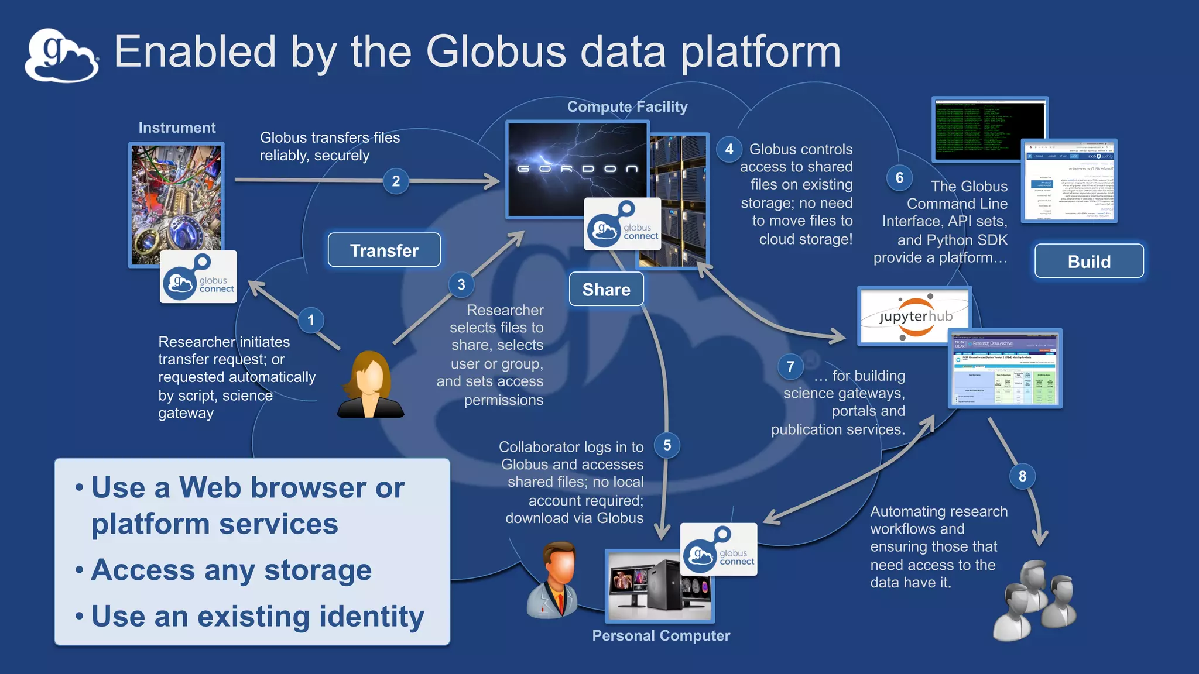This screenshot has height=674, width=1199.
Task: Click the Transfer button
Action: coord(384,250)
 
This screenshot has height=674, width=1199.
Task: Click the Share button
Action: coord(606,289)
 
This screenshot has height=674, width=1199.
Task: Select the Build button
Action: coord(1089,261)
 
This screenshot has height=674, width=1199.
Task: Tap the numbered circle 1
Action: coord(311,320)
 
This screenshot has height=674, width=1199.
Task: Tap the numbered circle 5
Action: coord(667,445)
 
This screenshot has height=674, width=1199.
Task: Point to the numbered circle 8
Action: coord(1022,476)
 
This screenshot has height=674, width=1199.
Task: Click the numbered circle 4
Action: coord(729,149)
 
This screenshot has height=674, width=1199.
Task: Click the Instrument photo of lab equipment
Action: coord(176,199)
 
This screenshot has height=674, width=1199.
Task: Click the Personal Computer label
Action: coord(661,636)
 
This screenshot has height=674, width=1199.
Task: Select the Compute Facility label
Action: coord(627,107)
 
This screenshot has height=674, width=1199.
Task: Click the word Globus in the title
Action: coord(496,51)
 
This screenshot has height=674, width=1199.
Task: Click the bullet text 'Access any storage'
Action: coord(231,570)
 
